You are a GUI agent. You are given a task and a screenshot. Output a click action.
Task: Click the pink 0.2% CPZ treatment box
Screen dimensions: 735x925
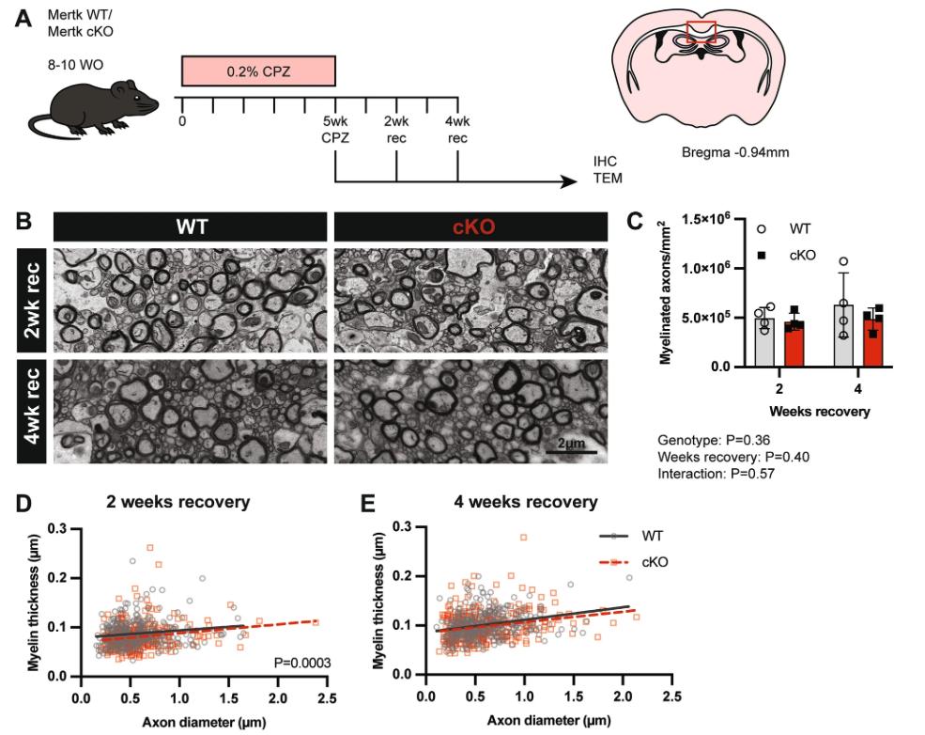coord(258,71)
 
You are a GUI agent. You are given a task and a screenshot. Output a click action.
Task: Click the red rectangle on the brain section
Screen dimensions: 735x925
coord(701,32)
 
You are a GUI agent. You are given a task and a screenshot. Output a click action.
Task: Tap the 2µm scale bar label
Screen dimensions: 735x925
coord(571,443)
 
